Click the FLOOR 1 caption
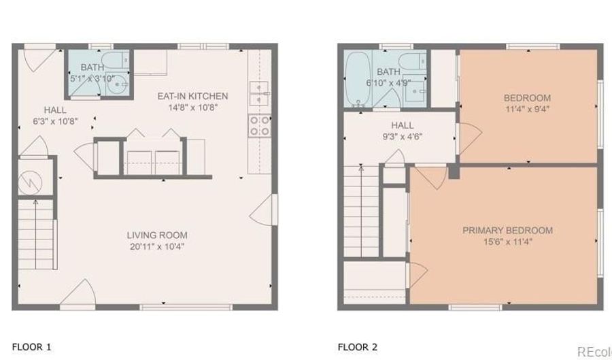pyautogui.click(x=31, y=346)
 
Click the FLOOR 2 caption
pyautogui.click(x=358, y=346)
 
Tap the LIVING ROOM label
pyautogui.click(x=157, y=235)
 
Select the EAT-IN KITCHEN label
pyautogui.click(x=192, y=96)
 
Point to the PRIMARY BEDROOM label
pyautogui.click(x=507, y=231)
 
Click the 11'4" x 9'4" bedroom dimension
pyautogui.click(x=527, y=109)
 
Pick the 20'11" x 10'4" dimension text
pyautogui.click(x=157, y=246)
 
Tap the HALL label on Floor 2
pyautogui.click(x=403, y=125)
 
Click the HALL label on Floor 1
pyautogui.click(x=55, y=110)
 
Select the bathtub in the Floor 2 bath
pyautogui.click(x=358, y=79)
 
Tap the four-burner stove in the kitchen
pyautogui.click(x=260, y=126)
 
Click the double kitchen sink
pyautogui.click(x=260, y=94)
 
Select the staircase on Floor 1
pyautogui.click(x=36, y=234)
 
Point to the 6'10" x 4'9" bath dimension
pyautogui.click(x=388, y=83)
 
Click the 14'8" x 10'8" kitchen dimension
pyautogui.click(x=192, y=107)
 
